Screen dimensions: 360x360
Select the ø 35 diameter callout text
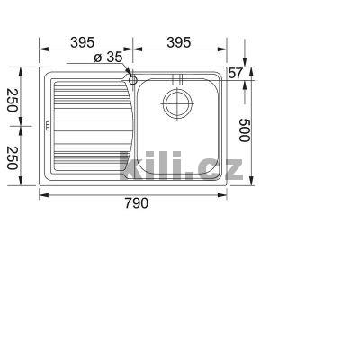(x=108, y=58)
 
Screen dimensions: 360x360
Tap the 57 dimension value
(x=236, y=73)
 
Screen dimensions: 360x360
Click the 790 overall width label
(x=134, y=202)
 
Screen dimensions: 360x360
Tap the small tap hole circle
(x=133, y=80)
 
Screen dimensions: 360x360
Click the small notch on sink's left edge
(x=45, y=125)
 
